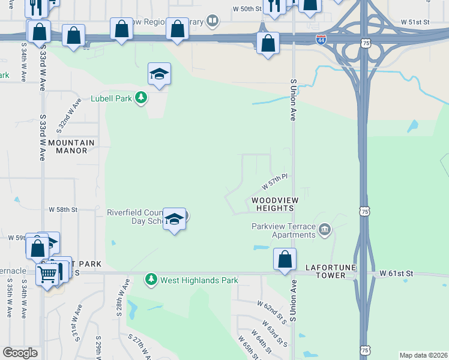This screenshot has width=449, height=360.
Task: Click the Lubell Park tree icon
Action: point(140,98)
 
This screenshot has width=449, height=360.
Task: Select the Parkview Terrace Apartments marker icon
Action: point(325,230)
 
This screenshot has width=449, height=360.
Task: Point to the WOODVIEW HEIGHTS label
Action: point(272,204)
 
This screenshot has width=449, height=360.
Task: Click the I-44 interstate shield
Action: point(321,40)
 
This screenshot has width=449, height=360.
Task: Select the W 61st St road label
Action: point(397,274)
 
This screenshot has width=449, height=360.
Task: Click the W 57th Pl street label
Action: point(276,181)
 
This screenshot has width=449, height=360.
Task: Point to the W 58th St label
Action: point(64,209)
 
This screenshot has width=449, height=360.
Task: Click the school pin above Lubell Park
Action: point(160,74)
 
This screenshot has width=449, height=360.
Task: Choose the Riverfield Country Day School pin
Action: point(174,220)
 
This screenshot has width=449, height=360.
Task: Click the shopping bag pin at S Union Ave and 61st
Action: point(285,260)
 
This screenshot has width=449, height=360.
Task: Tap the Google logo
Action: point(20,353)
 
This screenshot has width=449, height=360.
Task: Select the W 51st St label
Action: point(416,22)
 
